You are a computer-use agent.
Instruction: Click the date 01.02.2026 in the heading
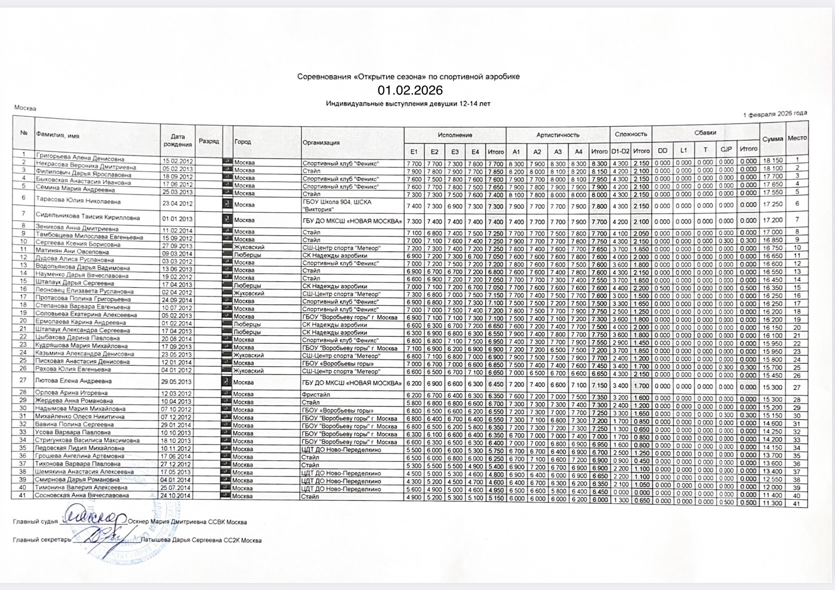point(410,90)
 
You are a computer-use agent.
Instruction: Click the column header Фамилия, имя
point(58,135)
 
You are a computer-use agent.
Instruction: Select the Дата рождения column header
point(177,140)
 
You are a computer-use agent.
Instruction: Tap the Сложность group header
point(631,134)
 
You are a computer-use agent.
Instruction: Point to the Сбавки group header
point(705,133)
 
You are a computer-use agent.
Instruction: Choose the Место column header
point(797,138)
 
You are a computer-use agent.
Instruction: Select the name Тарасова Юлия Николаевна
point(78,202)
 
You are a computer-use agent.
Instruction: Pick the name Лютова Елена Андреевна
point(73,381)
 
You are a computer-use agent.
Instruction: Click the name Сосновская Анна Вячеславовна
point(82,495)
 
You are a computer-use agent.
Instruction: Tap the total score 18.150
point(773,161)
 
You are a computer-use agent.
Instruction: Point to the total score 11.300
point(772,503)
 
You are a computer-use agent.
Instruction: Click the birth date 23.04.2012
point(177,204)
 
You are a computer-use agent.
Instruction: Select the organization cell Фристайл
point(316,394)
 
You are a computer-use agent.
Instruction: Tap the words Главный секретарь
point(42,540)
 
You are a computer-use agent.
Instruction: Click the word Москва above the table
point(25,108)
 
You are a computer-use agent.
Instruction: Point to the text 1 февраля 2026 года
point(775,114)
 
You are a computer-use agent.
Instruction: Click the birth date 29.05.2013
point(176,382)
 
